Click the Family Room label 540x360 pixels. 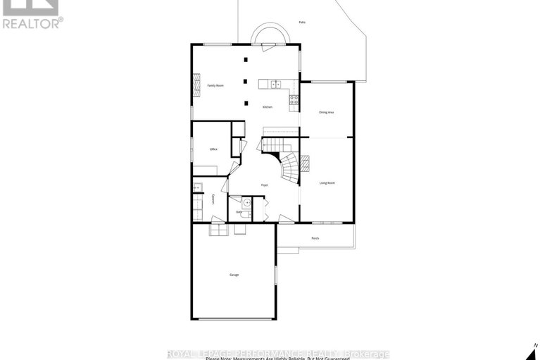(215, 85)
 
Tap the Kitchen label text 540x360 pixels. (268, 107)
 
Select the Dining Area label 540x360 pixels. (327, 112)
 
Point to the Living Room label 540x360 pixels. (327, 182)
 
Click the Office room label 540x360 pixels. (213, 149)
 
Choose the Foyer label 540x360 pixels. (265, 185)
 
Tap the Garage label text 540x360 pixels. (233, 274)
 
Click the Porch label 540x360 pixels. (315, 238)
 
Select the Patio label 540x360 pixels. (302, 23)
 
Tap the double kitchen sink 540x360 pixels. (276, 85)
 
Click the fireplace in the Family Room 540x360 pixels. (197, 85)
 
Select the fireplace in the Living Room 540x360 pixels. (306, 163)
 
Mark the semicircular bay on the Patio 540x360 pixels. (270, 35)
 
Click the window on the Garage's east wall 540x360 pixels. (276, 275)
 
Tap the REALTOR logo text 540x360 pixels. (32, 23)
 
